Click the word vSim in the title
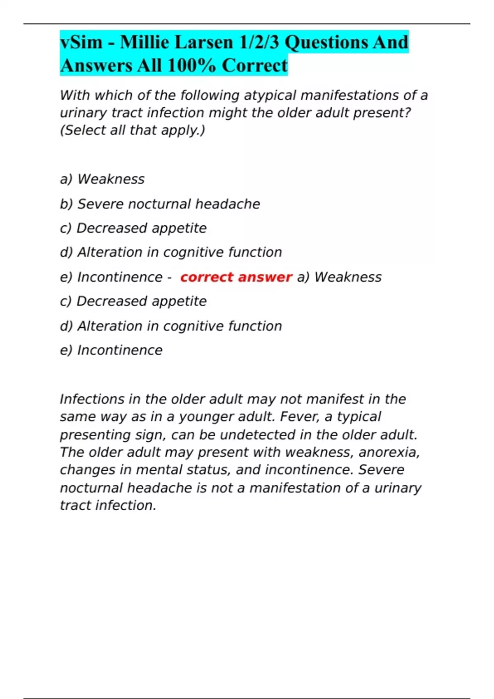coord(81,42)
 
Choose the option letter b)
coord(66,204)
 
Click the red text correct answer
coord(236,277)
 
